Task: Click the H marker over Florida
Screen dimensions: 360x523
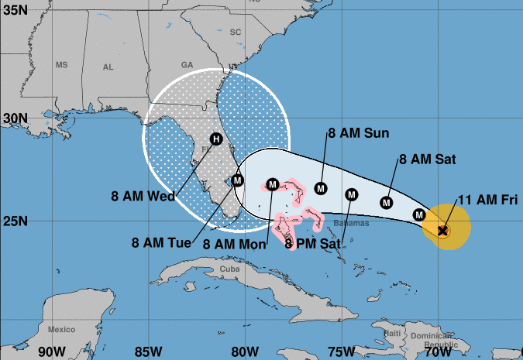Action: [216, 139]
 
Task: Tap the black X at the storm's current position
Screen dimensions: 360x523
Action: [442, 230]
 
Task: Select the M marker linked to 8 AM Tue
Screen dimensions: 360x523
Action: [239, 180]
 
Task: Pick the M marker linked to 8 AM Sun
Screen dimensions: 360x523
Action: [322, 187]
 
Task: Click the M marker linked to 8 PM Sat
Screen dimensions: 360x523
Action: [351, 194]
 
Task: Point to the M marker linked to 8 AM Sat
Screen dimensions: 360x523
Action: [387, 203]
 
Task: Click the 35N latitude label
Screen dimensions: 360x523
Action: [15, 11]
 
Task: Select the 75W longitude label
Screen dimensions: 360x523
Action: [342, 351]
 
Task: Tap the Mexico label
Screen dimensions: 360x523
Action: [60, 329]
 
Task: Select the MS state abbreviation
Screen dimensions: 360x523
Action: [62, 65]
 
